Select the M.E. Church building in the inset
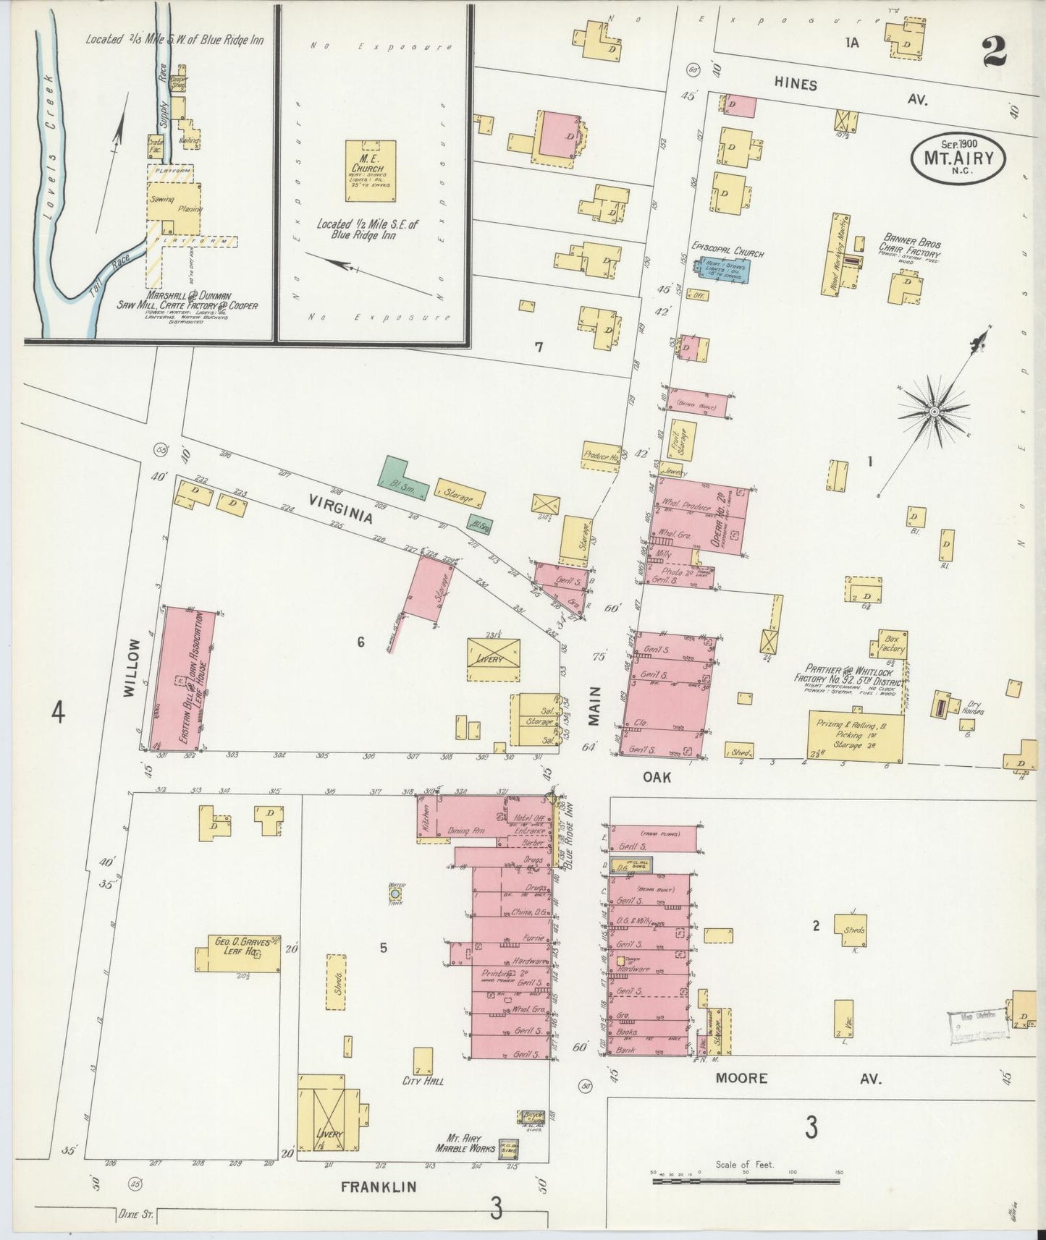(370, 171)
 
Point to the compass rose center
(935, 412)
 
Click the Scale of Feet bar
(745, 1181)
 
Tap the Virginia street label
(341, 509)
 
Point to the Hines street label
(796, 85)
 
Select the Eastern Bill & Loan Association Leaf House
(187, 679)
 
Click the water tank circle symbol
(395, 893)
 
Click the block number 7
(539, 347)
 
